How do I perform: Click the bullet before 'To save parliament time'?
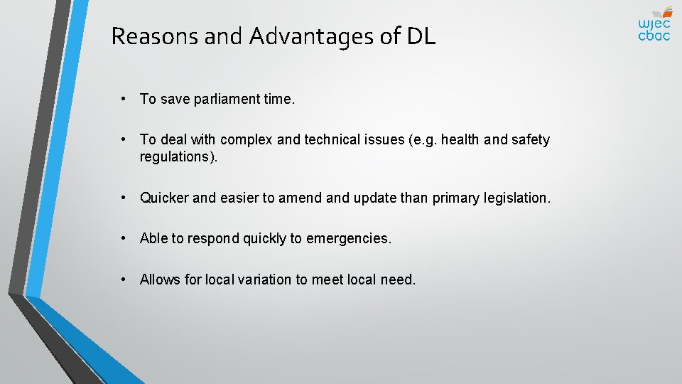pos(124,99)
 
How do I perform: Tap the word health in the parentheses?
pos(461,139)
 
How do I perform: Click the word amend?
pos(301,198)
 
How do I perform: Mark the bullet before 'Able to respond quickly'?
pos(124,238)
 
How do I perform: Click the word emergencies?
pos(348,238)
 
